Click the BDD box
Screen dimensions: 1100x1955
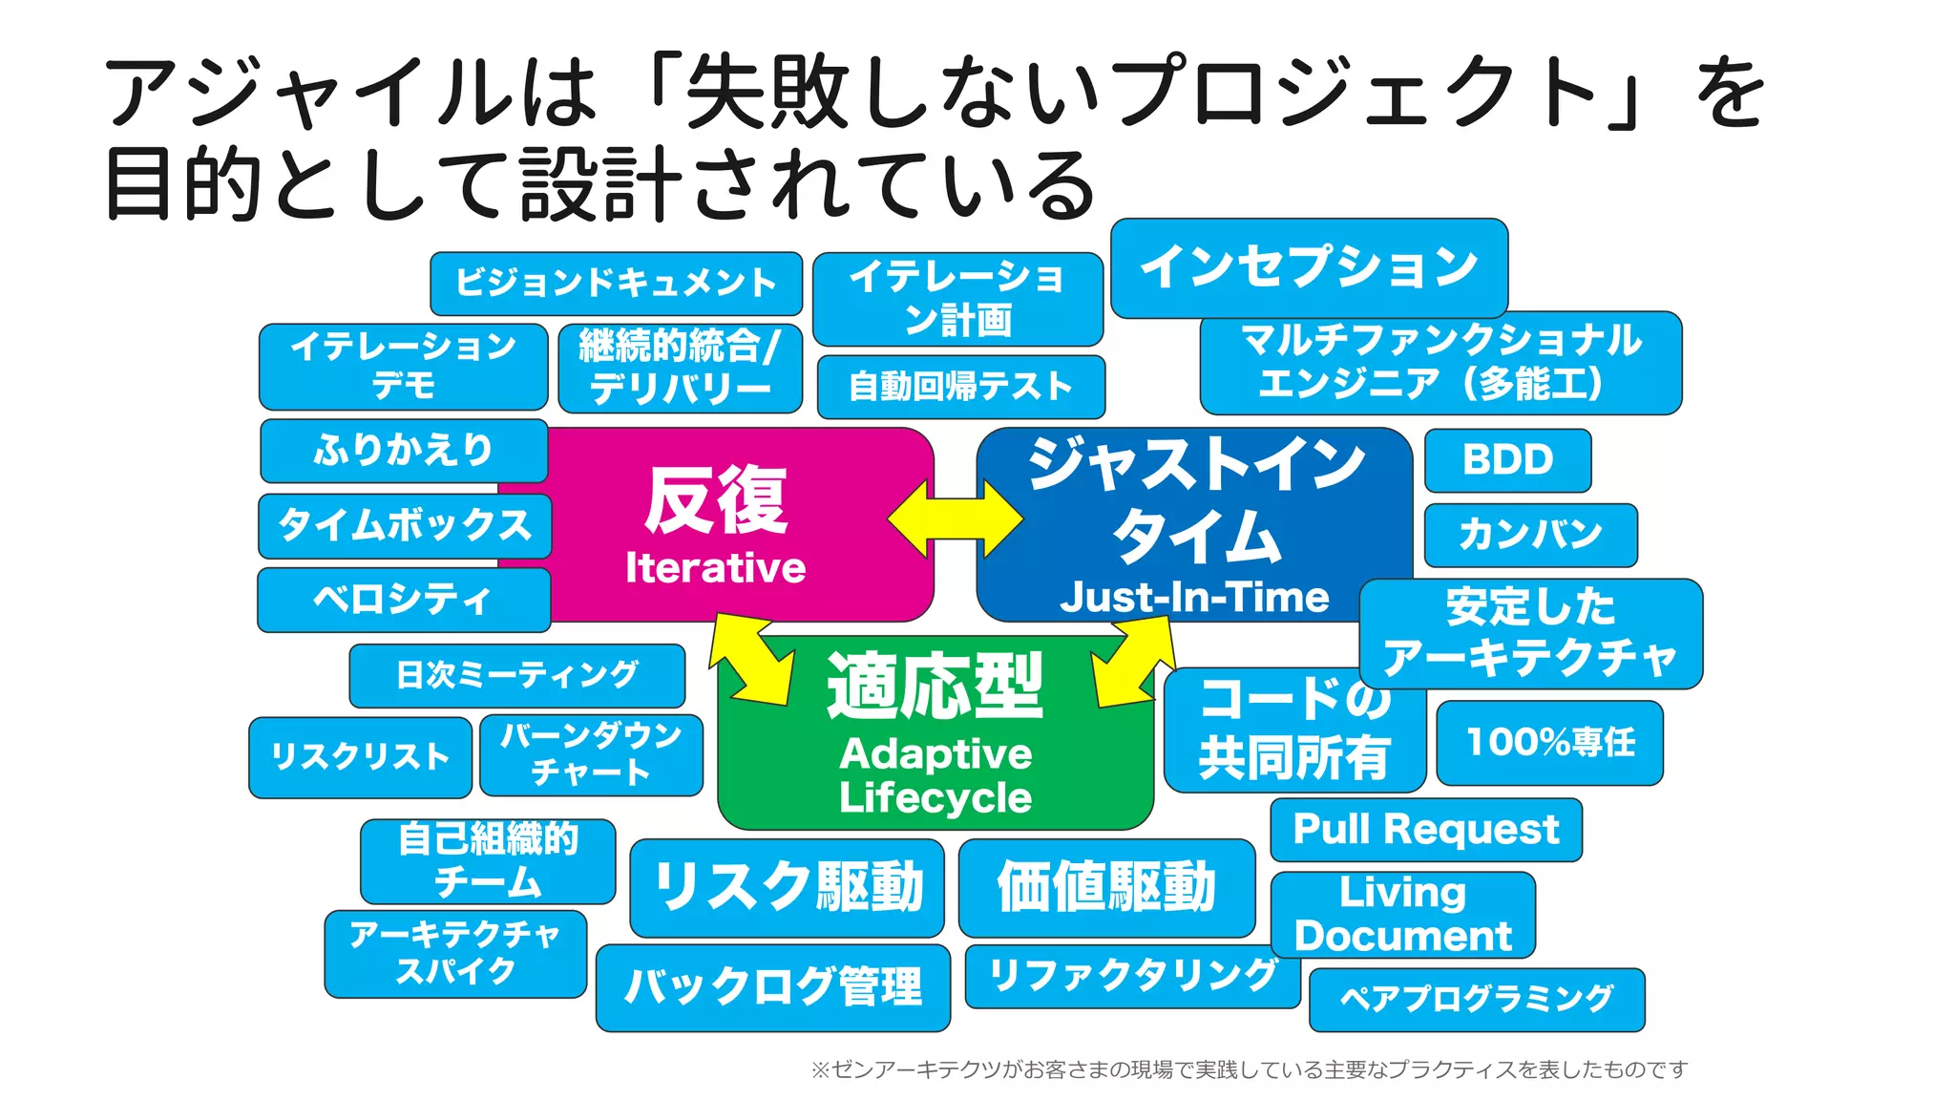point(1507,460)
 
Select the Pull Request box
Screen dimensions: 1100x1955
point(1425,830)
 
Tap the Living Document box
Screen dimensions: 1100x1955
point(1402,915)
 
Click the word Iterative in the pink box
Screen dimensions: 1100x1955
point(715,568)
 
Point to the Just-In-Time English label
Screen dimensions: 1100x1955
point(1193,598)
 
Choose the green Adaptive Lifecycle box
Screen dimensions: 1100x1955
point(935,754)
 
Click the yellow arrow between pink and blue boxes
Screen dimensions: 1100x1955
point(955,519)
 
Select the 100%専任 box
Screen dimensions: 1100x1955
point(1549,743)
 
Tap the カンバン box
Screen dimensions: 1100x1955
point(1530,535)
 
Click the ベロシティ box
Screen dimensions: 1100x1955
point(404,600)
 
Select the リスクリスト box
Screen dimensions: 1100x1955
point(360,757)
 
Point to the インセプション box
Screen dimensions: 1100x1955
point(1309,267)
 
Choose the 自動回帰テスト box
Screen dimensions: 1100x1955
point(960,387)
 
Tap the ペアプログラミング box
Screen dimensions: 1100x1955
point(1476,1000)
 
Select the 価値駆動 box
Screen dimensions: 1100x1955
point(1106,888)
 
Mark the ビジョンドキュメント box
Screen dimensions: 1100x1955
point(616,284)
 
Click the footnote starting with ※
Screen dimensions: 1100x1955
point(1249,1069)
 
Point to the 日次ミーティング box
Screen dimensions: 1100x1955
point(516,675)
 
